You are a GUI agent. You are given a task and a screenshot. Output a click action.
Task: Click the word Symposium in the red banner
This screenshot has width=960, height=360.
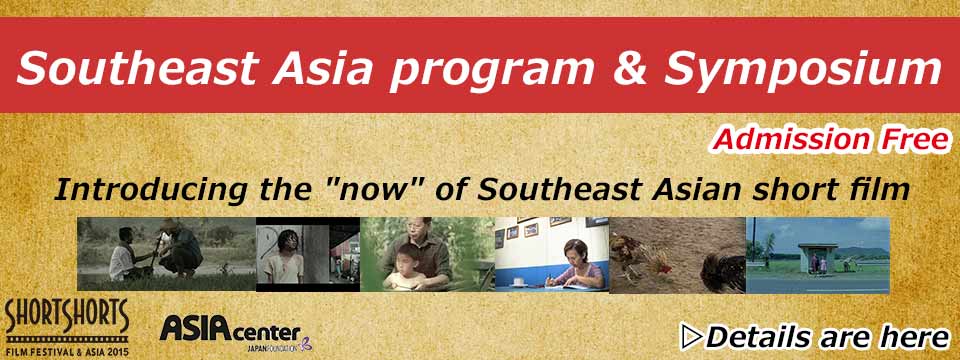(x=803, y=68)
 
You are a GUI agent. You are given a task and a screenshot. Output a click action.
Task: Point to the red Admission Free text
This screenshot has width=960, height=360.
(x=830, y=140)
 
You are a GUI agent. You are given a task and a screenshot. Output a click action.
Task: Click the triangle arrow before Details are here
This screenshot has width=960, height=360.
(x=691, y=337)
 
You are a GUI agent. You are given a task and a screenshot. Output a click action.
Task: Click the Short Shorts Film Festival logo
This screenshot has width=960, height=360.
(x=66, y=328)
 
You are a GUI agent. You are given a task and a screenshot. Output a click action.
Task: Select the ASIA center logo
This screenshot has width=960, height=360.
(x=230, y=331)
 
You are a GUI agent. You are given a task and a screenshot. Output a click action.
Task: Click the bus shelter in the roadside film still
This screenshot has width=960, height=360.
(x=817, y=257)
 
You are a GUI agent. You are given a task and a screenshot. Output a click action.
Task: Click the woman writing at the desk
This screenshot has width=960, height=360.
(x=579, y=264)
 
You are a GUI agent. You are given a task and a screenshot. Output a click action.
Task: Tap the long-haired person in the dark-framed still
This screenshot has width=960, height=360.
(x=283, y=258)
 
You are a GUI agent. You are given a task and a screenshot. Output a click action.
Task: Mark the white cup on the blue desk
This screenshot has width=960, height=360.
(x=517, y=282)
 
